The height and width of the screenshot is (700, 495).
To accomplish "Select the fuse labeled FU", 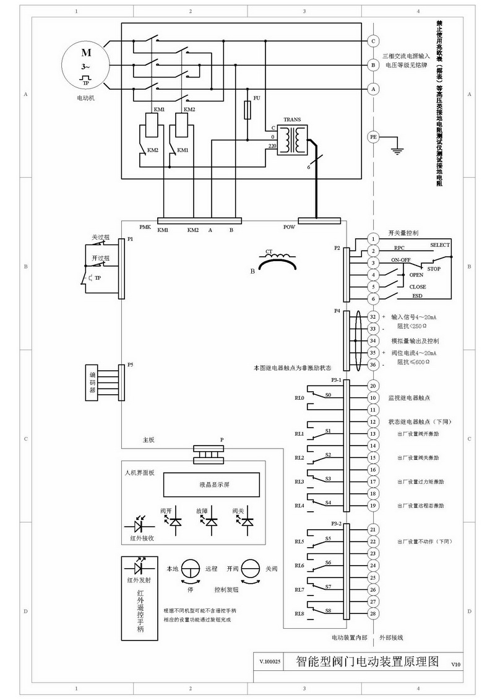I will (x=248, y=111).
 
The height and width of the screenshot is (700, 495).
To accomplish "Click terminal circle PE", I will (x=373, y=137).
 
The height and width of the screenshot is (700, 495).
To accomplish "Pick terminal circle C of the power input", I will (x=373, y=41).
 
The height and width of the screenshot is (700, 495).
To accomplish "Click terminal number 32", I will (x=373, y=316).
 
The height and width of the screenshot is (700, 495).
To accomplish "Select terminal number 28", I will (x=373, y=613).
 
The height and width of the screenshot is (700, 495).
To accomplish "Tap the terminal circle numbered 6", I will (x=373, y=299).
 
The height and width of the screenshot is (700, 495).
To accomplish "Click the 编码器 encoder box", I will (x=93, y=382).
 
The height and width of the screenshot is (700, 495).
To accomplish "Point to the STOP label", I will (x=434, y=269).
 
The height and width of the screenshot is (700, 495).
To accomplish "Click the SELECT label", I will (x=440, y=245).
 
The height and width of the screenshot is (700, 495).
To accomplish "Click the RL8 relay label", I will (x=299, y=613).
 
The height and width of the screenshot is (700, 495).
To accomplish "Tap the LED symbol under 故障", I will (x=212, y=522).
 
